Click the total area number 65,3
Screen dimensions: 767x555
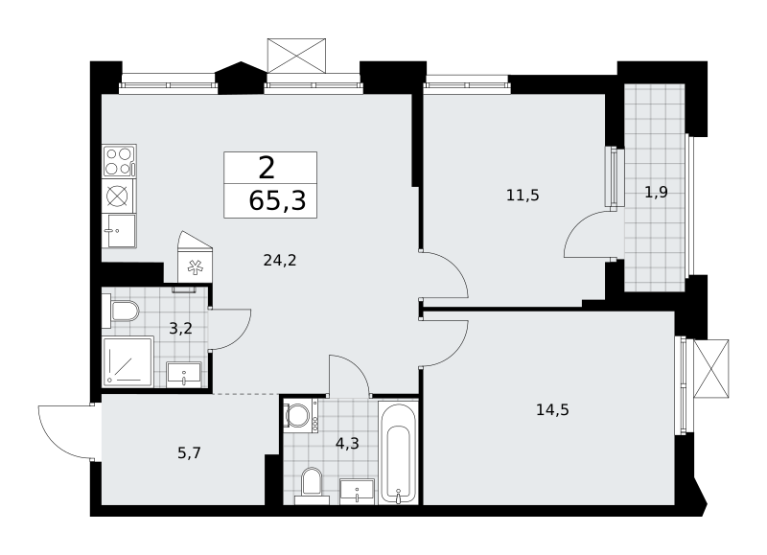pos(277,200)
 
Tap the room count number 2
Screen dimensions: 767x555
pos(267,168)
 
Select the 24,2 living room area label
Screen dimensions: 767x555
pos(280,261)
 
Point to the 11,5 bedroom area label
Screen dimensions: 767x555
pos(523,196)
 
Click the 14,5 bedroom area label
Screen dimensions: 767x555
pos(553,409)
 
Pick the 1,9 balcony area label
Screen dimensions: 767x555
pos(656,192)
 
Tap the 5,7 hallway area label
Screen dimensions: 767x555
pos(189,453)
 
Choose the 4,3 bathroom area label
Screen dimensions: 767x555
pos(347,444)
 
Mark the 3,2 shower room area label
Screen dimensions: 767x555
pos(180,329)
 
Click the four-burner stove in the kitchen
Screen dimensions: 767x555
pos(119,161)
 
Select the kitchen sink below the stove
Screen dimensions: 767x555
pos(119,231)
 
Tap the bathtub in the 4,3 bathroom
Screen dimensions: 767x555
pos(399,452)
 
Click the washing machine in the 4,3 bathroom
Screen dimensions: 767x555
pos(300,416)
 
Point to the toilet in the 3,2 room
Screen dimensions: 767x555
pos(121,311)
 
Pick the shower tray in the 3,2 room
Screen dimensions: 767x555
pos(128,360)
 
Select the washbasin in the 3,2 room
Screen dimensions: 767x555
pos(184,375)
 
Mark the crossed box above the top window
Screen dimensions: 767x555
pos(296,56)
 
